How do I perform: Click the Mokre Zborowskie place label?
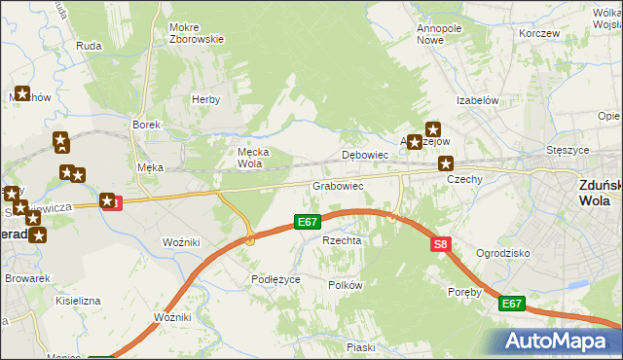(197, 33)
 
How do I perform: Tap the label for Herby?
(205, 99)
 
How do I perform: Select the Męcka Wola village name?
(253, 158)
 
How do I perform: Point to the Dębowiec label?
(366, 155)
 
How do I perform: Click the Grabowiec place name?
(338, 185)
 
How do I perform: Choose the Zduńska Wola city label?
(594, 195)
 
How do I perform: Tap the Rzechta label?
(342, 240)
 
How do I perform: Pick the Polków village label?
(346, 285)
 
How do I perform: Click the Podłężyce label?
(275, 279)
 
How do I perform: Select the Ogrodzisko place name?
(502, 253)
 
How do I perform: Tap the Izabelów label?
(478, 100)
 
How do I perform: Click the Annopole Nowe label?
(439, 35)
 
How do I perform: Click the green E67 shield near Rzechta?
(309, 223)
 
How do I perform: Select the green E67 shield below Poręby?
(512, 305)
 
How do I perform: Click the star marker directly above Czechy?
(446, 163)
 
